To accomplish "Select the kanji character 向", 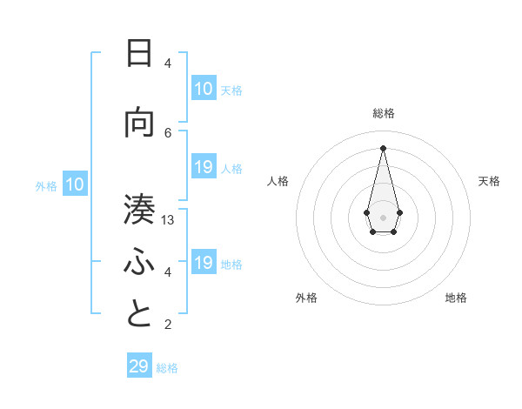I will (139, 123).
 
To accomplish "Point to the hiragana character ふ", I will (139, 262).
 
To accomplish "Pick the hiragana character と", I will (139, 314).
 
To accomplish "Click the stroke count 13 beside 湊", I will (168, 220).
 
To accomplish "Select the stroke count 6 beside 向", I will (168, 132).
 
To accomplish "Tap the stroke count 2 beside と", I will (168, 325).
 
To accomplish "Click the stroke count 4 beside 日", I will (168, 64).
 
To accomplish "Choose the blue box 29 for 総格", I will (139, 366).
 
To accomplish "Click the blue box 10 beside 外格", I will (75, 184).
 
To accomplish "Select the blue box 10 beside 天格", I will (203, 89).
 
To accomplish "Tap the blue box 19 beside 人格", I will (203, 167).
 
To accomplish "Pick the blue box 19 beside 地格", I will (203, 263).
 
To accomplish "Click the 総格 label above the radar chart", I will (384, 113).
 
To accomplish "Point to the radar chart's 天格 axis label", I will (489, 181).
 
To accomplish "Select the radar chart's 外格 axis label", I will (306, 298).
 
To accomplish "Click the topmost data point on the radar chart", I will (383, 147).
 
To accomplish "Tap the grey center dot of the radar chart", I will (383, 217).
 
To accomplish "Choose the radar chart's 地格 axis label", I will (456, 298).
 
